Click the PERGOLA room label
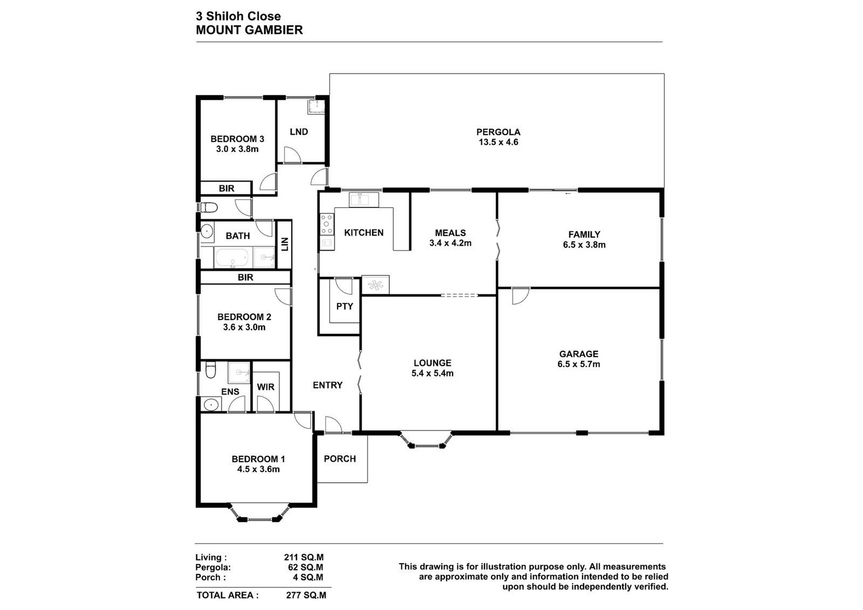click(x=498, y=132)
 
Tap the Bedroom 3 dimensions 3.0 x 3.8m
click(x=237, y=149)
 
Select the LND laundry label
click(x=299, y=131)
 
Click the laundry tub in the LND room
click(x=316, y=107)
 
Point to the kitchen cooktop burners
click(x=327, y=224)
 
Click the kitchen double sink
click(x=364, y=200)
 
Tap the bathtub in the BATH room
click(x=231, y=258)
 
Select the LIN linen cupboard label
click(x=285, y=244)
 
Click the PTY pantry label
click(x=345, y=306)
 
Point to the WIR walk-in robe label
click(x=265, y=387)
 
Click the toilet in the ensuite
click(x=210, y=370)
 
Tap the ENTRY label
click(x=327, y=385)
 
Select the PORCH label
click(x=340, y=459)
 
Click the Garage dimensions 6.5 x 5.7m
click(x=579, y=364)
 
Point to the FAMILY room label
click(x=584, y=234)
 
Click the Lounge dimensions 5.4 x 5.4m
click(x=432, y=373)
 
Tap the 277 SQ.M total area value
click(x=306, y=595)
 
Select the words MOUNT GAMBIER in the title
click(x=249, y=30)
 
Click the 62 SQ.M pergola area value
click(x=305, y=567)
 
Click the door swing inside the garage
click(x=520, y=296)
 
